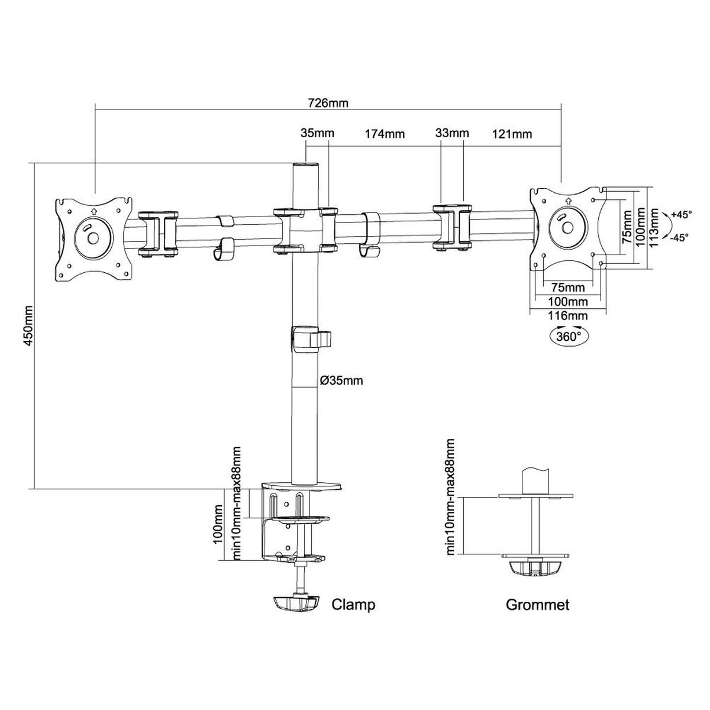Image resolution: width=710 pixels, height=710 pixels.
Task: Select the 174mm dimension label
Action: [x=385, y=134]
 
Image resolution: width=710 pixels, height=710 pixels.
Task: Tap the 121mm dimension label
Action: [x=512, y=134]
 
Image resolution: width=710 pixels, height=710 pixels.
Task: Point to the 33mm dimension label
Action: [x=452, y=133]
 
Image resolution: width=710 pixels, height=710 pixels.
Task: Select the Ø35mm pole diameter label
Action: [x=341, y=380]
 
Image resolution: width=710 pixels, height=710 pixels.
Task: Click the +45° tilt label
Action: [x=681, y=214]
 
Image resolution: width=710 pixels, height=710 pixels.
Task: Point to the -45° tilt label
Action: [x=680, y=238]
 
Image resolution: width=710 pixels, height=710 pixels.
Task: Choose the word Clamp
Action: [x=353, y=605]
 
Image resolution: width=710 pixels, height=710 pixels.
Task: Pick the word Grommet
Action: [x=537, y=605]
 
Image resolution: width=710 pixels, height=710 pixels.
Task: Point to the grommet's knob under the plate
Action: [x=535, y=568]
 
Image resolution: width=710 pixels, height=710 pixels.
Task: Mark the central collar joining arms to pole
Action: [x=305, y=229]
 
